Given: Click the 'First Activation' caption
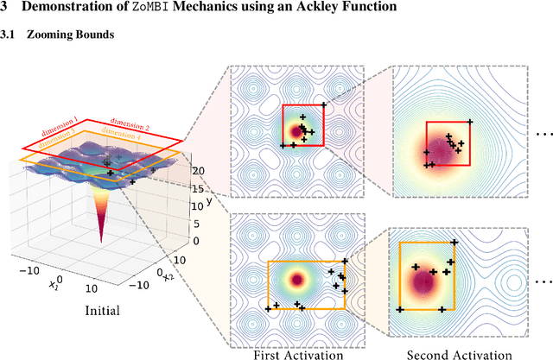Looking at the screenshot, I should point(297,354).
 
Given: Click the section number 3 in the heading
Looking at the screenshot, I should point(4,9).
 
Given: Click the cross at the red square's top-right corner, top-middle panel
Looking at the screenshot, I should point(323,105).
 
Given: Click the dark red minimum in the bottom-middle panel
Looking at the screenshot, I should point(299,281).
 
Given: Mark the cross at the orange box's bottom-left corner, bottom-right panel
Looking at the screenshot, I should point(400,309).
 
